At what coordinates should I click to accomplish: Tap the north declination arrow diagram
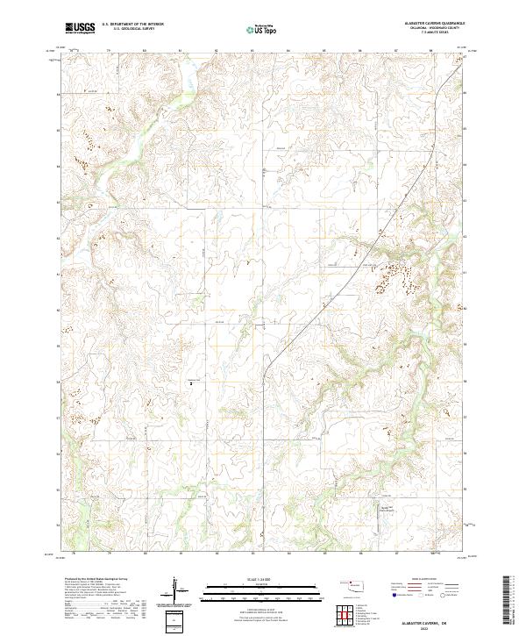click(x=174, y=590)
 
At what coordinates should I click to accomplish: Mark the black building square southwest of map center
click(x=191, y=382)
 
